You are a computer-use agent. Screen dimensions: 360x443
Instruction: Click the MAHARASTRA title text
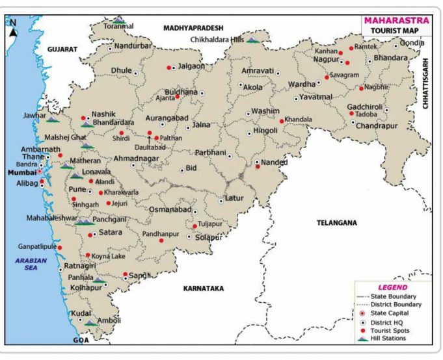[x=396, y=19]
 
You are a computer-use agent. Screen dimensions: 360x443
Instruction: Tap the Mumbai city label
[x=20, y=174]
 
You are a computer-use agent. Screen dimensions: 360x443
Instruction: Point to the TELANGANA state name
[x=336, y=223]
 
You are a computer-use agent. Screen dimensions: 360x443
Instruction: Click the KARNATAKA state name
[x=204, y=287]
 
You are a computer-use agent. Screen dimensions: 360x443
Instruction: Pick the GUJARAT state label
[x=62, y=49]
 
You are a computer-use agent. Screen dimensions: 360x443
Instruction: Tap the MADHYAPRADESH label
[x=193, y=28]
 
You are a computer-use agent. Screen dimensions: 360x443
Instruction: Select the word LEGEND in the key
[x=393, y=287]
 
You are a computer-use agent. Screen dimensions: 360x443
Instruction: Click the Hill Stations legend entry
[x=393, y=339]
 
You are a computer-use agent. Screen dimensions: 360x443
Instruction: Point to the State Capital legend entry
[x=392, y=313]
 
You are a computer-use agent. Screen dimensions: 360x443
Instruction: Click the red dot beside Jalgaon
[x=169, y=68]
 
